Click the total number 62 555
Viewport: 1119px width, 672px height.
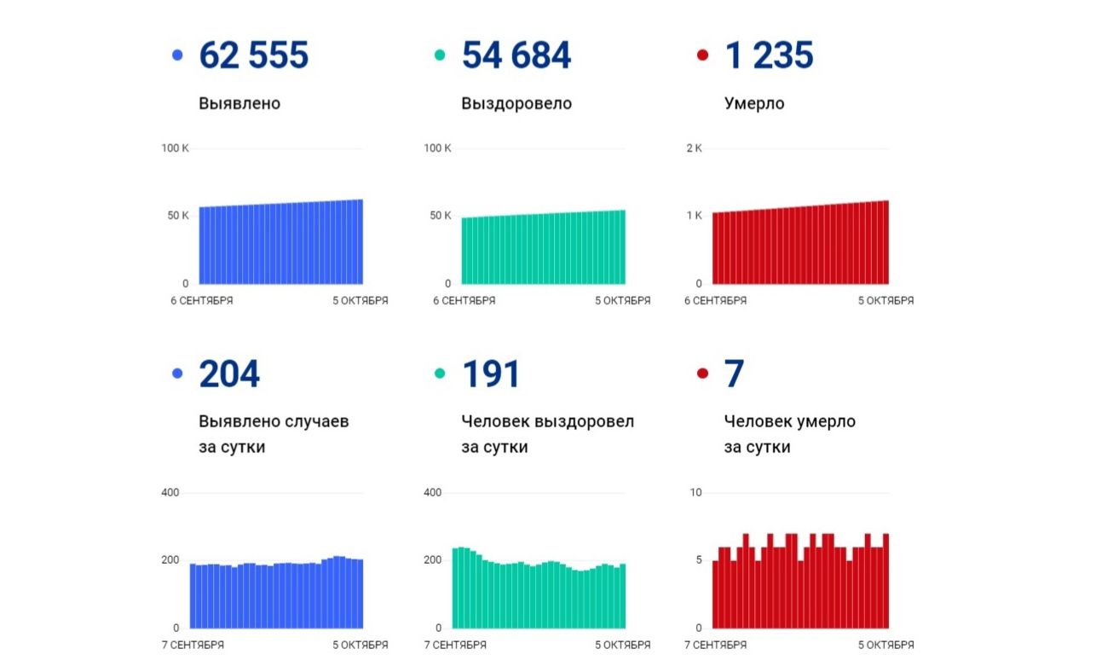[x=253, y=56]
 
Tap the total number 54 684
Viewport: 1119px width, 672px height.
[x=516, y=56]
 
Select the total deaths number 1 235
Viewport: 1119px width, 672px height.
[x=769, y=56]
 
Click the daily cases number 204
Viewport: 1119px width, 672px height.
[x=229, y=375]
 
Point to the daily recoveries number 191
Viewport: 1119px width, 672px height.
[x=491, y=375]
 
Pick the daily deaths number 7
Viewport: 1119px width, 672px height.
[x=734, y=375]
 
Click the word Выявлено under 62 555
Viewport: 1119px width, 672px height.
[x=239, y=104]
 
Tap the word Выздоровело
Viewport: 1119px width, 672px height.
[x=516, y=104]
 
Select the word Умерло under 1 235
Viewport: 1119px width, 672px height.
[x=754, y=104]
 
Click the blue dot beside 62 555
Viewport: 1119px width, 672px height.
[x=177, y=56]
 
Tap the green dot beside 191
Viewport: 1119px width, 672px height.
[x=440, y=374]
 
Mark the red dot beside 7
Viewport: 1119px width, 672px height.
[x=702, y=374]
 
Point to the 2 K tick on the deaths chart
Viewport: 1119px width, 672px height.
[x=694, y=148]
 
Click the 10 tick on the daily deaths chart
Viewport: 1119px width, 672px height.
[x=695, y=493]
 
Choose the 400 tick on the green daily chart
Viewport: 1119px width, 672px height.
[x=433, y=493]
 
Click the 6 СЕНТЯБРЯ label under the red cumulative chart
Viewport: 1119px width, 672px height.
[x=716, y=301]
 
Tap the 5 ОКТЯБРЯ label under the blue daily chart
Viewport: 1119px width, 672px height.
[x=360, y=646]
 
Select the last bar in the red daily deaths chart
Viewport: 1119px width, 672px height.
[x=885, y=581]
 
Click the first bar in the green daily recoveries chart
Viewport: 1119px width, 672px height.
[x=456, y=588]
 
